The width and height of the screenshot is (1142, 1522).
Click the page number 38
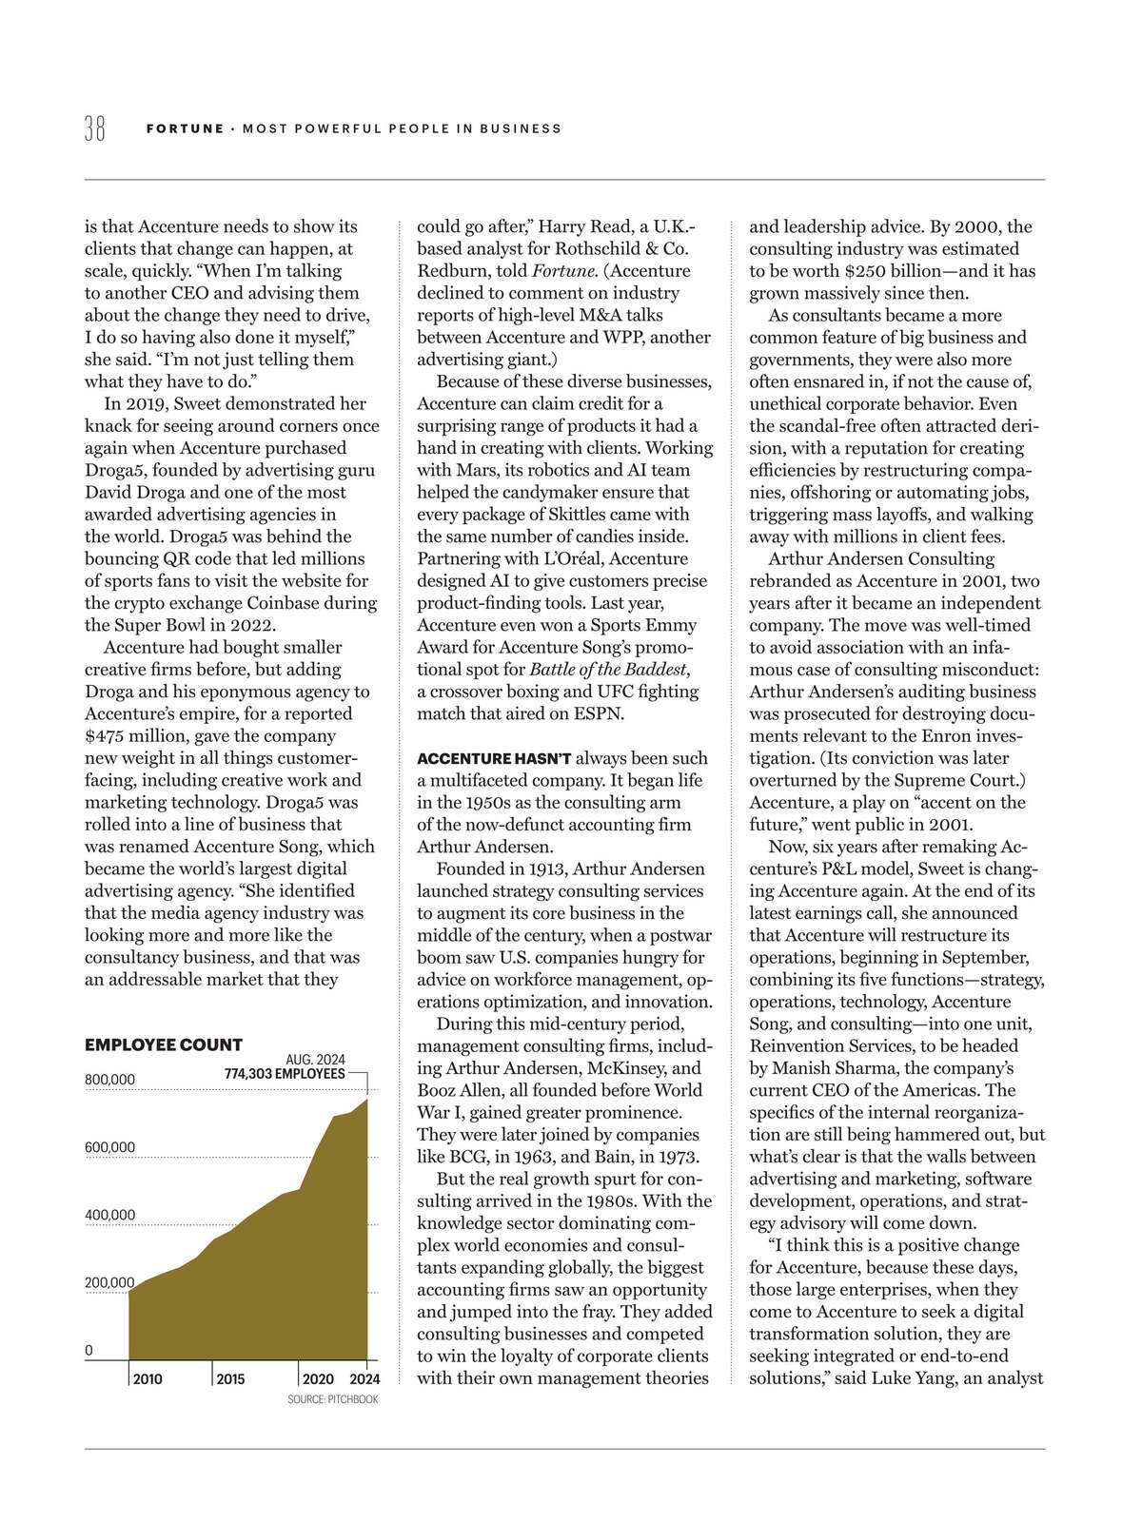[x=95, y=128]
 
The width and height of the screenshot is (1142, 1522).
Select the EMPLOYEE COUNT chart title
[x=164, y=1044]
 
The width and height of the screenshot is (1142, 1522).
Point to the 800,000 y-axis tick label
[x=110, y=1080]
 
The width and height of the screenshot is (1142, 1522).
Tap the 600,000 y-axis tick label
[x=110, y=1147]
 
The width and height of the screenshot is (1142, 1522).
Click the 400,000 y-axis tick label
[x=110, y=1215]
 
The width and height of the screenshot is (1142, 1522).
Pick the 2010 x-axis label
[x=148, y=1379]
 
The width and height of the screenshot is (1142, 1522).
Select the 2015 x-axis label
[x=230, y=1379]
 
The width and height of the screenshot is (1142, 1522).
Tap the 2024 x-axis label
[x=364, y=1379]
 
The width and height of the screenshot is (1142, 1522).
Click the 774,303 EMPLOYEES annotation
[x=285, y=1073]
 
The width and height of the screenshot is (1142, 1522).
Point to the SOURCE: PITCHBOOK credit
[x=332, y=1399]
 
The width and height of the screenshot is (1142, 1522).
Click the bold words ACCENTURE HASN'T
[x=495, y=758]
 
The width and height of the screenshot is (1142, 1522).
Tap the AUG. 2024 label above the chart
[x=315, y=1060]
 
